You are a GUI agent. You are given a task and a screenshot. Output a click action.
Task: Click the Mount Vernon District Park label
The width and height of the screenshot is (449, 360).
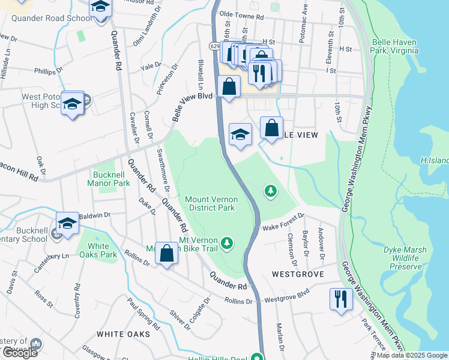coord(211,203)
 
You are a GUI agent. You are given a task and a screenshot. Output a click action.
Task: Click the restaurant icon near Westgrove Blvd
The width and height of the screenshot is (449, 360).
coord(341,298)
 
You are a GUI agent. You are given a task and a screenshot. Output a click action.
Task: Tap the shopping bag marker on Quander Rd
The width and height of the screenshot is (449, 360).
coord(167,254)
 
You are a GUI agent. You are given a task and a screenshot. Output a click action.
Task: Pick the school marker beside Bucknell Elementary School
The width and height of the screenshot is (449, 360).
coord(68,224)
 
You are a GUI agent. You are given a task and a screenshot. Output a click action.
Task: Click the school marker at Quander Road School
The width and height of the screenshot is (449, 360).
coord(101,8)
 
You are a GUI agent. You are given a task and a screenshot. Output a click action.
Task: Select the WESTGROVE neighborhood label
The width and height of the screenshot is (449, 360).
coord(298,274)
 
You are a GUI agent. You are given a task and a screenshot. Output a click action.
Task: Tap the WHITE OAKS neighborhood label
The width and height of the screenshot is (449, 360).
coord(123,334)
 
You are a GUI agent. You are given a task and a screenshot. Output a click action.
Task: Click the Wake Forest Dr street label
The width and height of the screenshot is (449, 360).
coord(284,223)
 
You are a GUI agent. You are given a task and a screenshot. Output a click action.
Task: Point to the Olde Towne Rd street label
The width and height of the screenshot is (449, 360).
coord(242,16)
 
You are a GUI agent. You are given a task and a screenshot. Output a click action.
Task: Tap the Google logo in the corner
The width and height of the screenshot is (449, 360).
coord(19,353)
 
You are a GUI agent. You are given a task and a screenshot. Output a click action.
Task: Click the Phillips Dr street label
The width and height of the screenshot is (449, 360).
coord(49,71)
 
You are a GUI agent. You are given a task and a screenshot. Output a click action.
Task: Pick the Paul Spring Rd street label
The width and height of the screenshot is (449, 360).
coord(143,314)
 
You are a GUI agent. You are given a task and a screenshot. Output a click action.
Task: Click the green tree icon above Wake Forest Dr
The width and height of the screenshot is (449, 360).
coord(271,191)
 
